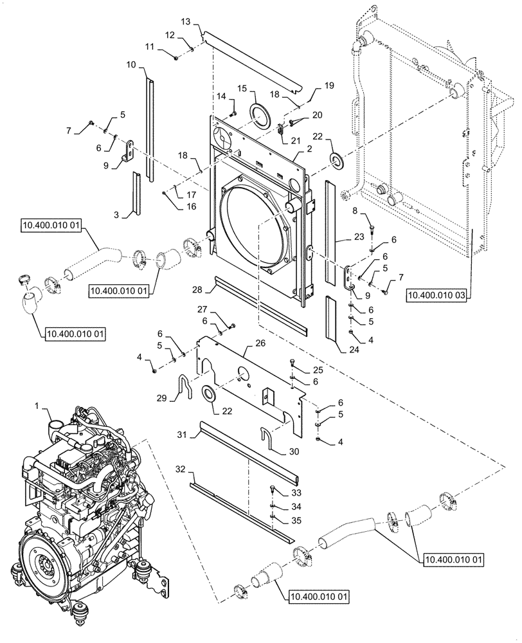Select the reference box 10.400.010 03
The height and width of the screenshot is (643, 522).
pyautogui.click(x=436, y=295)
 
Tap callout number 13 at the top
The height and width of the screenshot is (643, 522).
pyautogui.click(x=185, y=23)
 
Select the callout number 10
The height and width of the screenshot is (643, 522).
pyautogui.click(x=131, y=64)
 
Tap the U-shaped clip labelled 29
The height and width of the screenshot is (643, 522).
pyautogui.click(x=185, y=386)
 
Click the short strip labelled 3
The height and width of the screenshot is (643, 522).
pyautogui.click(x=136, y=191)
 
